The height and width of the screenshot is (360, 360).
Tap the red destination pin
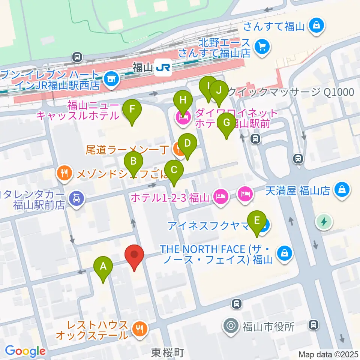pos(134,256)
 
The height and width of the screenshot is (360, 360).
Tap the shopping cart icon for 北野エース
pos(261,47)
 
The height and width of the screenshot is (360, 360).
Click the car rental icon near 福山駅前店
pos(76,198)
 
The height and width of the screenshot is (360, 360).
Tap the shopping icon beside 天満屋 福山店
pos(342,188)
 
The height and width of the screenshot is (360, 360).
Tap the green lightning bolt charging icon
pos(323,222)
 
